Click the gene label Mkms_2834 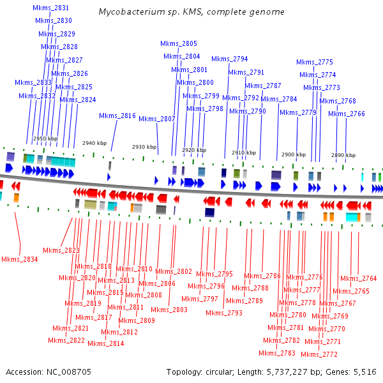pyautogui.click(x=19, y=259)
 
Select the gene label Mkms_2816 pyautogui.click(x=117, y=116)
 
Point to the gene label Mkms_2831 pyautogui.click(x=51, y=8)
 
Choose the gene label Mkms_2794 pyautogui.click(x=230, y=59)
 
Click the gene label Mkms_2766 pyautogui.click(x=347, y=114)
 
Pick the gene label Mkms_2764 pyautogui.click(x=359, y=278)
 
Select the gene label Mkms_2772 pyautogui.click(x=319, y=354)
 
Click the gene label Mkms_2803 pyautogui.click(x=169, y=310)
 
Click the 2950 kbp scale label pyautogui.click(x=45, y=138)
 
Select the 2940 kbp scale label pyautogui.click(x=94, y=144)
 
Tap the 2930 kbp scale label pyautogui.click(x=144, y=147)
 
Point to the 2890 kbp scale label pyautogui.click(x=342, y=155)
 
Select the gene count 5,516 pyautogui.click(x=365, y=372)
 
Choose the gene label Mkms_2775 pyautogui.click(x=315, y=62)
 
